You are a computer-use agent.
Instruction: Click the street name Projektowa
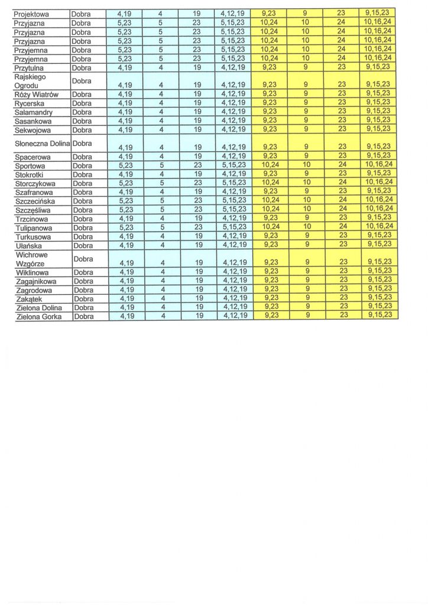(33, 13)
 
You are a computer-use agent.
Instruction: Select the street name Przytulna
(29, 68)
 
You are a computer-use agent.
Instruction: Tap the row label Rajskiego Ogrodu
(30, 81)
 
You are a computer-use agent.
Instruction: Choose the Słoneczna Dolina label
(41, 143)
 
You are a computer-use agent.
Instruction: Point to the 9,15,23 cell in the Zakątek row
(379, 298)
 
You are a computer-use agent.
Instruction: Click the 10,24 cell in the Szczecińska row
(270, 200)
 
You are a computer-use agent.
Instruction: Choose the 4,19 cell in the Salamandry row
(125, 112)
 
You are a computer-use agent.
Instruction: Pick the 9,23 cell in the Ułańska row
(270, 245)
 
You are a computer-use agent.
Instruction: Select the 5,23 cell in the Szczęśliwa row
(125, 210)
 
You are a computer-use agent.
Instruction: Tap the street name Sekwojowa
(33, 129)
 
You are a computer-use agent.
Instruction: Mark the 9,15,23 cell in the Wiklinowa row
(379, 272)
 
